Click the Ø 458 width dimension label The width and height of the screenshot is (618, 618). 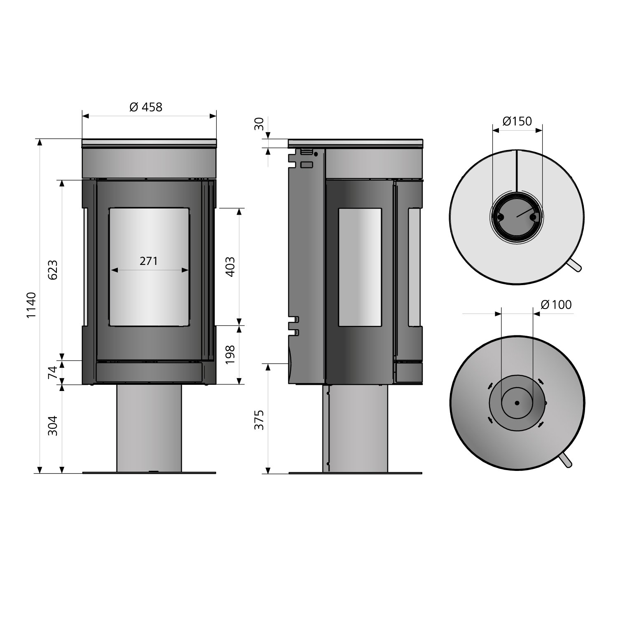coord(146,107)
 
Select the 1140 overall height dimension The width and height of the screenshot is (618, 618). coord(32,305)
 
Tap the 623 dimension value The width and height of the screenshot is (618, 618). coord(53,269)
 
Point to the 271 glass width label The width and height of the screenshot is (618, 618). coord(149,261)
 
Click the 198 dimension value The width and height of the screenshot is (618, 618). coord(230,354)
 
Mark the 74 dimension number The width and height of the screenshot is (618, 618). coord(53,372)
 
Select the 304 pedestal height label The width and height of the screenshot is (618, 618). coord(53,426)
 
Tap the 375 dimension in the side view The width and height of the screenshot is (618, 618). coord(259,420)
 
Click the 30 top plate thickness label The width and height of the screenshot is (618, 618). coord(259,124)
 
